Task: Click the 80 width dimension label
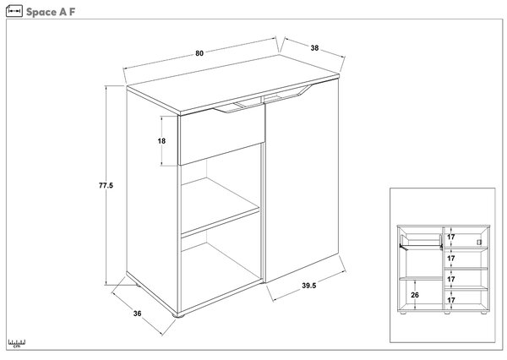pyautogui.click(x=199, y=53)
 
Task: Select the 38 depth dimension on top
pyautogui.click(x=314, y=48)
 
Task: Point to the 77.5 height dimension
pyautogui.click(x=106, y=186)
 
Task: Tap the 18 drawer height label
pyautogui.click(x=161, y=141)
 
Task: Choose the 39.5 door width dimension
pyautogui.click(x=309, y=286)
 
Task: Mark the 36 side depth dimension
pyautogui.click(x=138, y=314)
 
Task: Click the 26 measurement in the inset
pyautogui.click(x=415, y=295)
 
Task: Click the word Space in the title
pyautogui.click(x=41, y=12)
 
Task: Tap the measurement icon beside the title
pyautogui.click(x=14, y=11)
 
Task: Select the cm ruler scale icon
pyautogui.click(x=17, y=343)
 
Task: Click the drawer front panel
pyautogui.click(x=221, y=138)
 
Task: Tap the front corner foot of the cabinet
pyautogui.click(x=177, y=315)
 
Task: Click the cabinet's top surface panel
pyautogui.click(x=233, y=85)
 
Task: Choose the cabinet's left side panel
pyautogui.click(x=152, y=200)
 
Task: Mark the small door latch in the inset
pyautogui.click(x=479, y=243)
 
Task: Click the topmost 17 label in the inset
pyautogui.click(x=450, y=237)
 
